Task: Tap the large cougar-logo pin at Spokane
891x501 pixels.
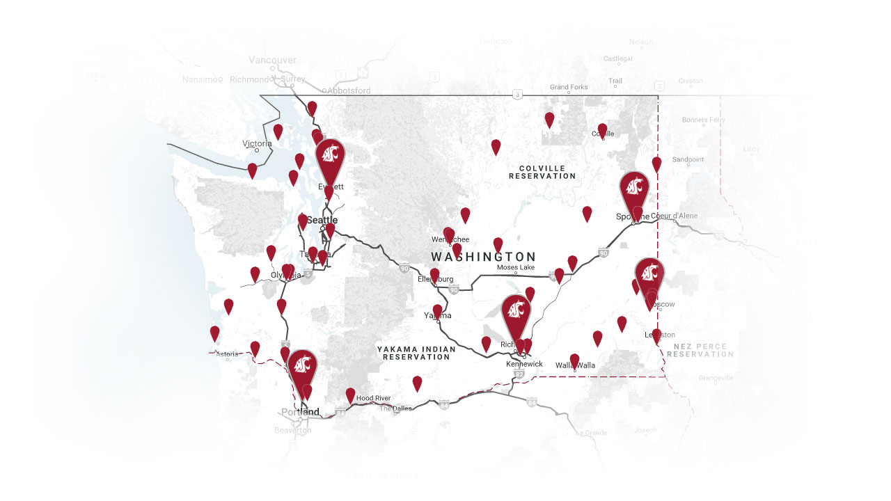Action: pos(634,189)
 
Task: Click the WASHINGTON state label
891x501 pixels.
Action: pos(483,257)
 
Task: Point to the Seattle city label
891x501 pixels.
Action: pos(322,220)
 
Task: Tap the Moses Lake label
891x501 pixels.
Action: pos(515,268)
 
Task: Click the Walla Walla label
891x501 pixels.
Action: pos(576,365)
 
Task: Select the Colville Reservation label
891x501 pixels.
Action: pos(542,173)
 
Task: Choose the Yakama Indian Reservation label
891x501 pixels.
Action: pos(416,353)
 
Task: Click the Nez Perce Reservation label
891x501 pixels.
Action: pos(700,350)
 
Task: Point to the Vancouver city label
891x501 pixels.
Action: pos(273,60)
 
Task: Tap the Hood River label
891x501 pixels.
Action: pos(373,398)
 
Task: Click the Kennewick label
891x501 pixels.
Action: pos(524,364)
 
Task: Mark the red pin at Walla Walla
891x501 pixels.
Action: pos(574,360)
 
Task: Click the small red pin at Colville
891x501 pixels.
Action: pos(602,130)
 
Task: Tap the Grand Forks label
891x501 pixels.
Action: pos(569,87)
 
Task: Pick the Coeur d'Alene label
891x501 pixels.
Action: pos(674,216)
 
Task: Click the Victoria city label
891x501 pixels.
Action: pos(257,143)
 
